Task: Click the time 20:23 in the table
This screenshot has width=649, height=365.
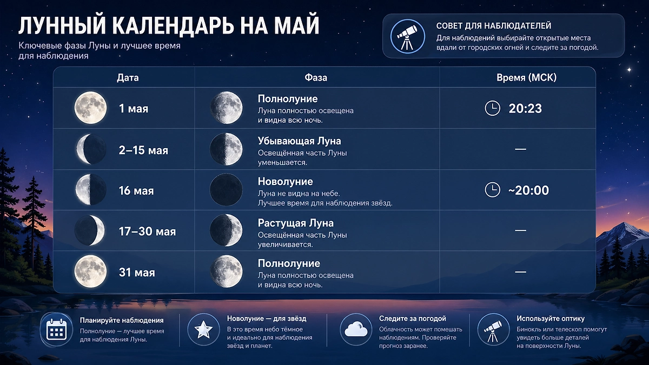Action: [525, 108]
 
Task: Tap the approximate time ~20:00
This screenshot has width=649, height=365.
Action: [528, 190]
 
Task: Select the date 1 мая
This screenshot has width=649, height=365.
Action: [134, 108]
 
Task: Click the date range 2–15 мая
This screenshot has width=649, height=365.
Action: [143, 150]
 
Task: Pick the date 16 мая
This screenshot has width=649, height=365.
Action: [136, 191]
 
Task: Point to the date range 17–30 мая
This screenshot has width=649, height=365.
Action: [147, 231]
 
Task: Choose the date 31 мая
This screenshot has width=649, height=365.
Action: [137, 273]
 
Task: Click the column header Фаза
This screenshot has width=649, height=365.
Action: [316, 77]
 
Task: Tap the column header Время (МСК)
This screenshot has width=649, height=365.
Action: [526, 77]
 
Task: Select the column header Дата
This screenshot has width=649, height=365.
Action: [128, 77]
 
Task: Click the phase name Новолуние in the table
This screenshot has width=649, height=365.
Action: [285, 182]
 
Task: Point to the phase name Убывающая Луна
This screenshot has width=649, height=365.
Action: [299, 141]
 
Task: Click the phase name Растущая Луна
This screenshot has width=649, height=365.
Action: [295, 223]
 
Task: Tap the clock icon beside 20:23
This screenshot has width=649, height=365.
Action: [492, 108]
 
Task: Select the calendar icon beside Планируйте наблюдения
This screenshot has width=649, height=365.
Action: [56, 329]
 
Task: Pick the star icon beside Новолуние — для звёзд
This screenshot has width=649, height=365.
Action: [203, 329]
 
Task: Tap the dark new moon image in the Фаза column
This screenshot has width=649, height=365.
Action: [226, 190]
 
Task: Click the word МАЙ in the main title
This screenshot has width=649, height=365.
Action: [296, 26]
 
